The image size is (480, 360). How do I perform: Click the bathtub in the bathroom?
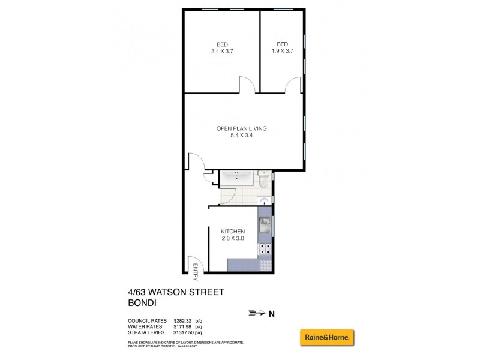pyautogui.click(x=238, y=178)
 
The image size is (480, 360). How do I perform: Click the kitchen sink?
pyautogui.click(x=265, y=226)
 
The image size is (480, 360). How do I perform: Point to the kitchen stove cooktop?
pyautogui.click(x=265, y=248)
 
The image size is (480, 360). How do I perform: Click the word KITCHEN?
pyautogui.click(x=233, y=232)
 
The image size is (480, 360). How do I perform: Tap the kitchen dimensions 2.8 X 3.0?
pyautogui.click(x=233, y=239)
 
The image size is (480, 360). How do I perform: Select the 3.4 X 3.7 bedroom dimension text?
pyautogui.click(x=221, y=52)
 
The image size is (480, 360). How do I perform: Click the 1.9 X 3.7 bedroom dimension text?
pyautogui.click(x=282, y=52)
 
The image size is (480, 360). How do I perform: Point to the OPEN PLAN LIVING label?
pyautogui.click(x=242, y=128)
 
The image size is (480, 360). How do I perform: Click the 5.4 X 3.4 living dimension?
pyautogui.click(x=242, y=136)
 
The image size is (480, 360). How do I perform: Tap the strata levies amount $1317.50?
pyautogui.click(x=187, y=332)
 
